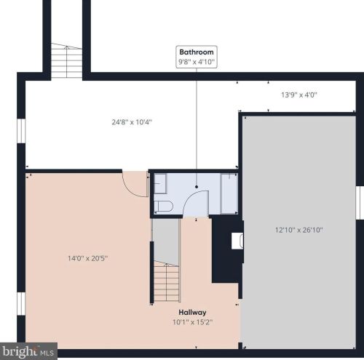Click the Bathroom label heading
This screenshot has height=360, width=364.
click(197, 52)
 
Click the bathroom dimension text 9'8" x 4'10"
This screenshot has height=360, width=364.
click(197, 62)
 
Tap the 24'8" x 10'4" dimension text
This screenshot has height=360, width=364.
click(132, 122)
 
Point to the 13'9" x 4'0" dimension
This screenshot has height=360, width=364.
click(299, 95)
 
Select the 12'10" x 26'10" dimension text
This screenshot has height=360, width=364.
click(299, 230)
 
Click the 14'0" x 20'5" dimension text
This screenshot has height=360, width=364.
click(87, 258)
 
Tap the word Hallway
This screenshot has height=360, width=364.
click(192, 312)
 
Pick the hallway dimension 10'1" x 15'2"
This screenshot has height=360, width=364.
click(193, 322)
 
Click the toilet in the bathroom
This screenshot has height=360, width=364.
click(164, 207)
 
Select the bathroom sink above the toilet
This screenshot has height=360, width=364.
click(160, 184)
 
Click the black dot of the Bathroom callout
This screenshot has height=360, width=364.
click(197, 187)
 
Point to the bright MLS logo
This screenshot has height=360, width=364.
click(28, 351)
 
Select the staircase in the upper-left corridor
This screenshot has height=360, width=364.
click(66, 60)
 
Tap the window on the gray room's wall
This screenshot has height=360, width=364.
click(360, 203)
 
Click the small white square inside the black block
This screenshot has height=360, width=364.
click(237, 241)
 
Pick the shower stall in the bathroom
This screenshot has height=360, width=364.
click(229, 193)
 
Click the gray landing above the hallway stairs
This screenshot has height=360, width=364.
click(167, 241)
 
